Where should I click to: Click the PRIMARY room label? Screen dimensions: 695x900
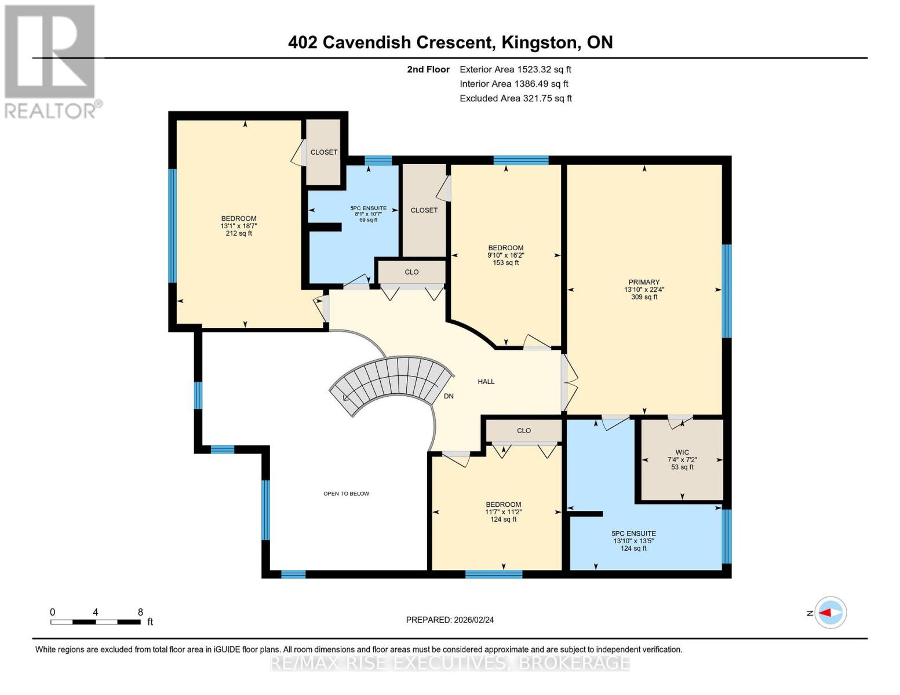[644, 282]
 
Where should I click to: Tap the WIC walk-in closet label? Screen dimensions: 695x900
[682, 452]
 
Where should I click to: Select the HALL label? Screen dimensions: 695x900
[486, 382]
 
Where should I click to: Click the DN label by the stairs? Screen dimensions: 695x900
[449, 396]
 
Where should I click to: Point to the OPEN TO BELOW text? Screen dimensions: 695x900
[346, 493]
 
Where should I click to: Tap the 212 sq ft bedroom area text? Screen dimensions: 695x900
[239, 233]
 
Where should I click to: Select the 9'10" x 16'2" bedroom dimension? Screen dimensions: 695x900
[505, 255]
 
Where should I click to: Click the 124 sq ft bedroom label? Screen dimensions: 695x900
[503, 504]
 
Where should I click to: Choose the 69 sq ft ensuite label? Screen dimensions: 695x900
[368, 220]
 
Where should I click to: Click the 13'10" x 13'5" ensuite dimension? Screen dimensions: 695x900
[633, 541]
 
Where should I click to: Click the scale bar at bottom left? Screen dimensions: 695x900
[96, 622]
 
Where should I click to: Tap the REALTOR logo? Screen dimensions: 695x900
[51, 61]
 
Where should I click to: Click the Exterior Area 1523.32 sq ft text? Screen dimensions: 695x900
[515, 69]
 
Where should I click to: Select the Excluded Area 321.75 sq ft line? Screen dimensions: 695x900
[516, 98]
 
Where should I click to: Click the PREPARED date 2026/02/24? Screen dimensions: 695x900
[450, 620]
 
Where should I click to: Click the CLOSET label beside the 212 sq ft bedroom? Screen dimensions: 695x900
[323, 152]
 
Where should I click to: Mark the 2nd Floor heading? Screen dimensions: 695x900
[428, 69]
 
